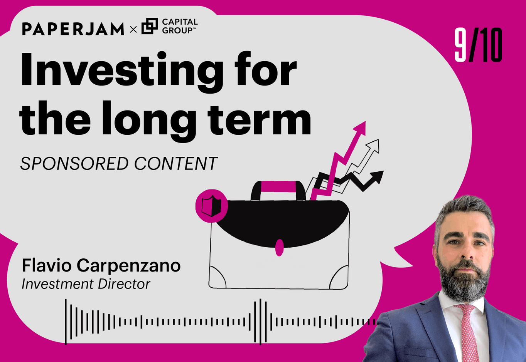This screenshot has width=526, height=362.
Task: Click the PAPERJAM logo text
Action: (x=73, y=29)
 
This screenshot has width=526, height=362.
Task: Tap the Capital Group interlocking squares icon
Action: (x=150, y=26)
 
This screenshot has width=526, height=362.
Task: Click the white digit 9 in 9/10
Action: (x=460, y=45)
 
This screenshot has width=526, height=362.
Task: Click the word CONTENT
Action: (x=175, y=164)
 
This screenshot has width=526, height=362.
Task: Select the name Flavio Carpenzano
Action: (x=101, y=265)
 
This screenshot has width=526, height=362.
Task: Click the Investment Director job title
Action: (x=86, y=284)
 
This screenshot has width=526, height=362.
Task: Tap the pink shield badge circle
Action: (x=211, y=206)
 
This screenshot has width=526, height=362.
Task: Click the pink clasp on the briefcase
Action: (x=280, y=247)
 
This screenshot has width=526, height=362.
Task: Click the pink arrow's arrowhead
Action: (x=361, y=128)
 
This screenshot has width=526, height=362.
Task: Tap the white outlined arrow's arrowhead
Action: (x=374, y=146)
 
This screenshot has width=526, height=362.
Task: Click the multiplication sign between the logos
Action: (x=133, y=29)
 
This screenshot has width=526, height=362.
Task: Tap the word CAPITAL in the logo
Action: (x=180, y=22)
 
